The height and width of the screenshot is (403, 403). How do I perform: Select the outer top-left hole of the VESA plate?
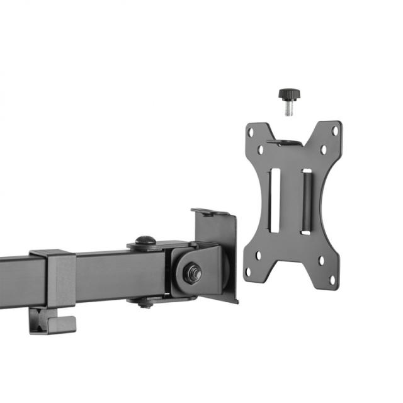coord(251,133)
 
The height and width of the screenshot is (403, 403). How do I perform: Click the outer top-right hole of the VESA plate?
coord(335,132)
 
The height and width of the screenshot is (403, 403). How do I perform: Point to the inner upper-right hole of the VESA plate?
coord(322,150)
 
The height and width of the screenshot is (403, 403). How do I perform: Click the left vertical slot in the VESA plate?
coord(273,198)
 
